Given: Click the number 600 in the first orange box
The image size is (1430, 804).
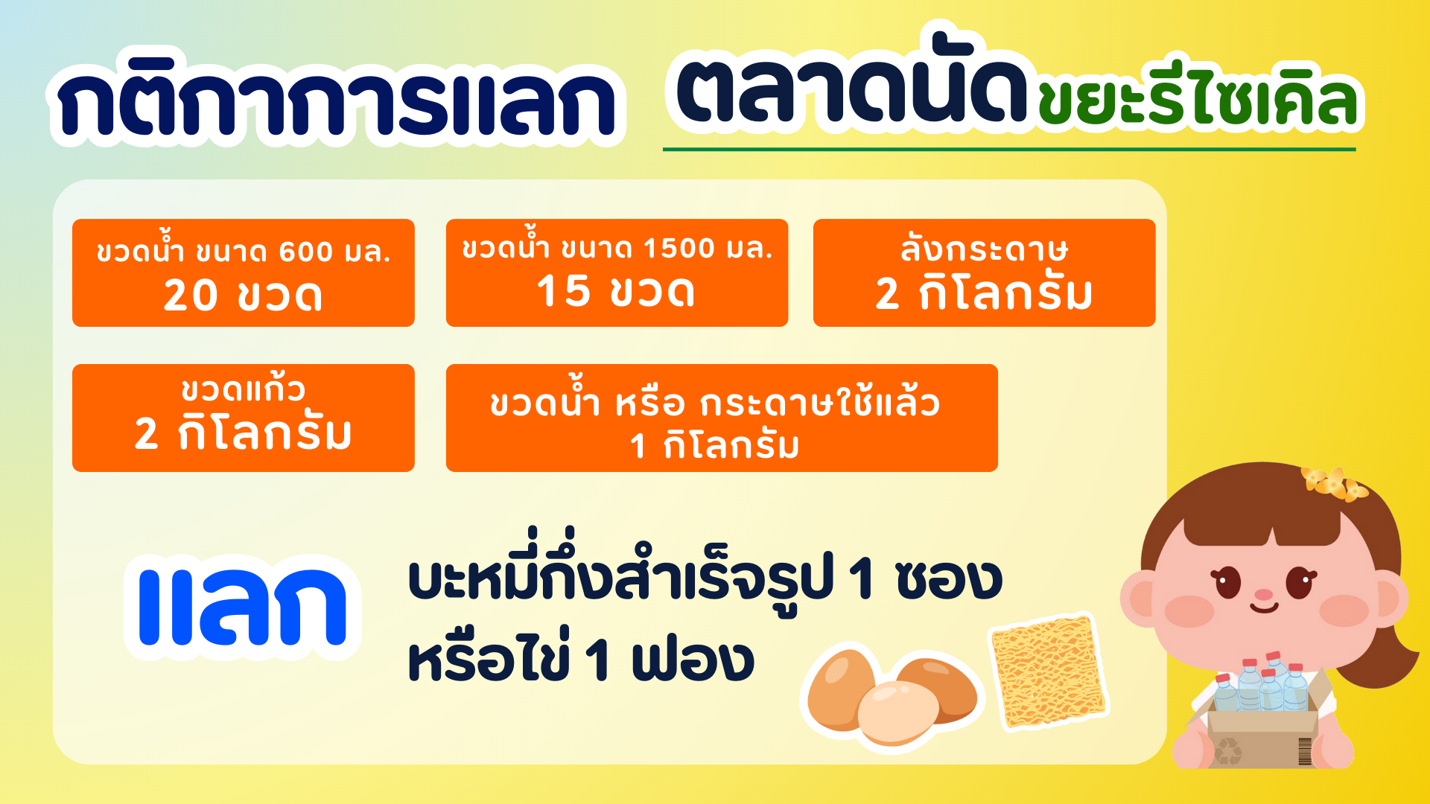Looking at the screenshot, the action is coord(305,252).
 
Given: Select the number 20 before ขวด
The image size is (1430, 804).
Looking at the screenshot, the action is coord(191,295).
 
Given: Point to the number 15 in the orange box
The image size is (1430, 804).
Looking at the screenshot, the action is coord(563,290).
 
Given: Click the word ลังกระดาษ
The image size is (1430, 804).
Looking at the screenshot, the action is coord(984,248).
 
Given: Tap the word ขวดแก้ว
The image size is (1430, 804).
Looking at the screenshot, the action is coord(243,388).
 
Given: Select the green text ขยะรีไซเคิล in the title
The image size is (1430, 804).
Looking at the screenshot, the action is coord(1199,102).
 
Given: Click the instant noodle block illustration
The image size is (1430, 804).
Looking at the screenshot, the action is coord(1049,671).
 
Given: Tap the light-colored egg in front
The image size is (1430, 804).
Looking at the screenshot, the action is coord(897,712).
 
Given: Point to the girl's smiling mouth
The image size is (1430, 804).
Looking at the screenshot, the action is coord(1264,609).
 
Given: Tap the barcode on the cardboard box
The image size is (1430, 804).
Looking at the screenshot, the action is coord(1305,751).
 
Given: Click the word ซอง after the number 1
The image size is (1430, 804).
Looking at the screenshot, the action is coord(949,580).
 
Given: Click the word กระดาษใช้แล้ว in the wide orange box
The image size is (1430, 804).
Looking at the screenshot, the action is coord(820,403).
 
